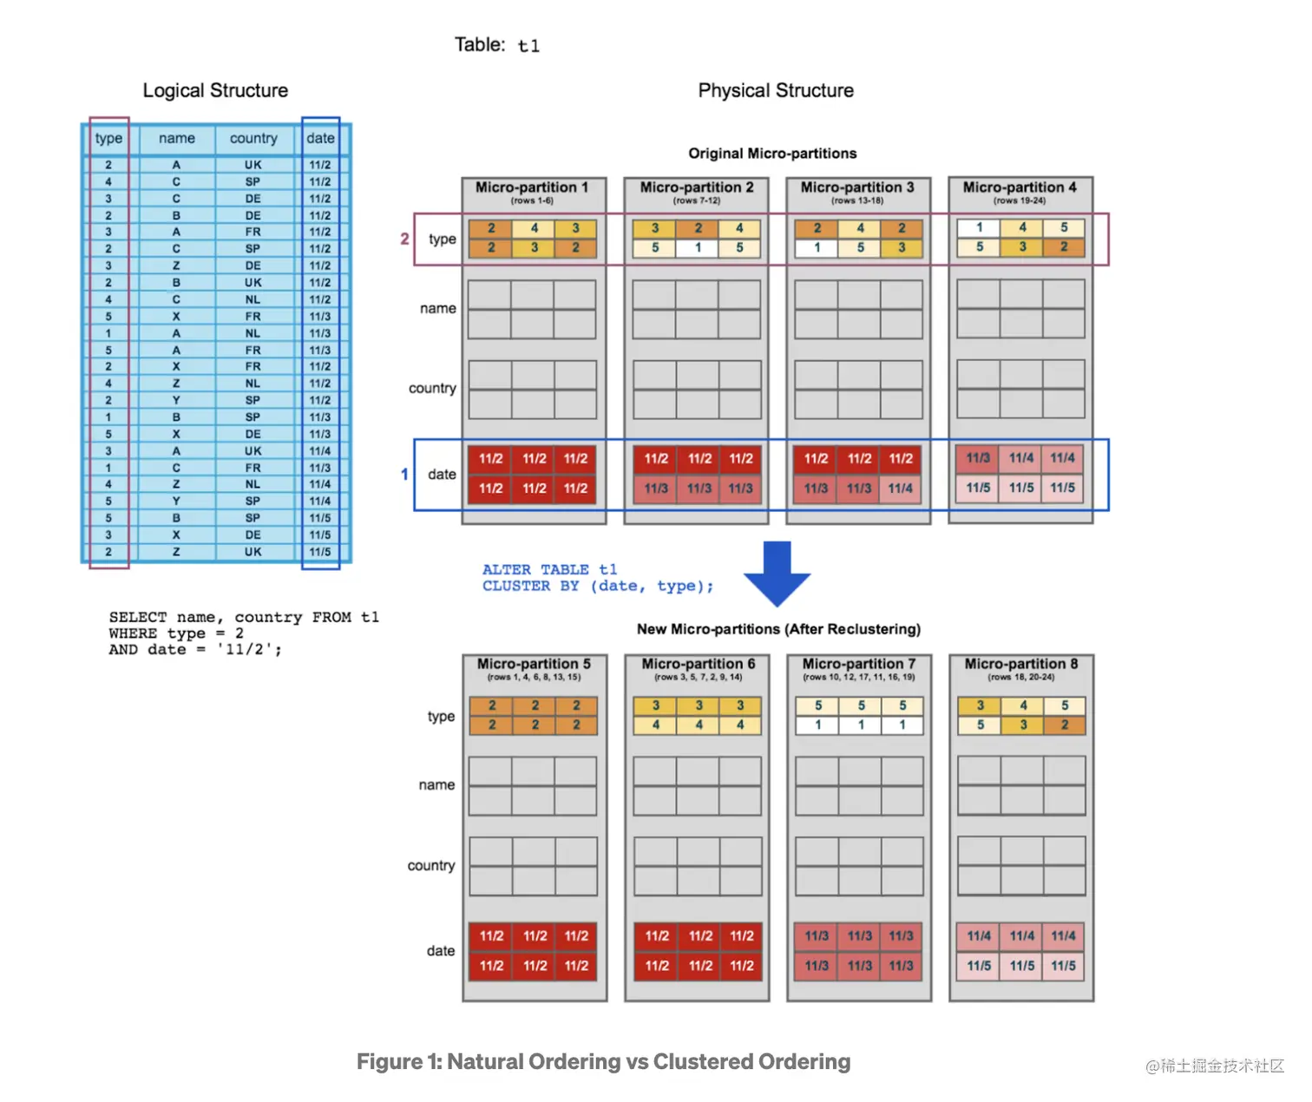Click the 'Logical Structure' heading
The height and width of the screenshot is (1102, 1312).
click(x=215, y=90)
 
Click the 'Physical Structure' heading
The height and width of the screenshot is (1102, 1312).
click(x=775, y=90)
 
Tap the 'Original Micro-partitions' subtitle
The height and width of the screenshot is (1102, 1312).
click(x=772, y=154)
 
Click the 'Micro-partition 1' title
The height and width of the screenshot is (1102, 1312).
click(x=532, y=187)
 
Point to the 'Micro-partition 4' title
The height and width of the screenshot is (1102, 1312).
click(x=1020, y=187)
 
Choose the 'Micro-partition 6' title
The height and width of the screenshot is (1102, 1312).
click(x=699, y=664)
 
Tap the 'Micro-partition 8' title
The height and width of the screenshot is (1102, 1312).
click(x=1021, y=664)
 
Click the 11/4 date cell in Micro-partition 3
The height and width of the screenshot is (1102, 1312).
click(x=900, y=489)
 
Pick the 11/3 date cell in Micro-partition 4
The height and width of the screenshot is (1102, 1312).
click(x=978, y=458)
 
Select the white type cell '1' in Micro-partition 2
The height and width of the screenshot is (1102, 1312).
click(x=698, y=247)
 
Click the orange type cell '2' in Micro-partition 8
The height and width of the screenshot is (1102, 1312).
click(x=1064, y=725)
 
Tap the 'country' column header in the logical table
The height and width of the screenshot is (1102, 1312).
click(x=253, y=138)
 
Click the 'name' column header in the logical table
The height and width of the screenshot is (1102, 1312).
click(x=177, y=138)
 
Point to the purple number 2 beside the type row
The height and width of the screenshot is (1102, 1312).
click(x=404, y=238)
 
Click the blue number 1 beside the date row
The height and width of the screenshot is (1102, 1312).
click(x=404, y=474)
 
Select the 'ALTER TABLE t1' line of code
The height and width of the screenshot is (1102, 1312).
click(x=549, y=569)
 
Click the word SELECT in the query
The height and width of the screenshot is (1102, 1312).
click(x=138, y=617)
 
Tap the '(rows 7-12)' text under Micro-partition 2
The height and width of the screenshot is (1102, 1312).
click(x=697, y=200)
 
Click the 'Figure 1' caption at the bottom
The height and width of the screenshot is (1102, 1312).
click(x=603, y=1062)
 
